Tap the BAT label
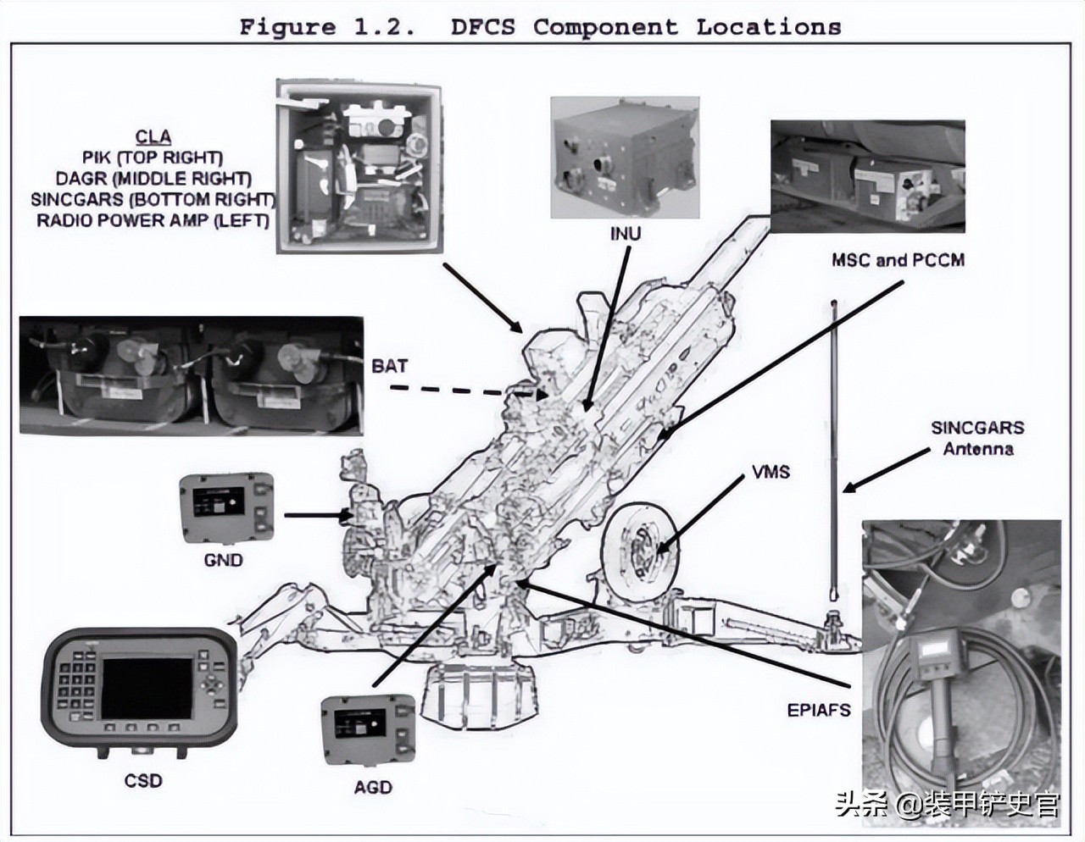pos(389,366)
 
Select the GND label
pos(224,560)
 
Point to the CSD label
pos(142,779)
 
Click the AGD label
pos(373,787)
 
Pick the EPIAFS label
pos(818,710)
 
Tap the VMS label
pos(770,472)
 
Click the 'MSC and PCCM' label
pos(898,260)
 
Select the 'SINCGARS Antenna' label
pos(977,438)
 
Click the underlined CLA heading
pos(153,137)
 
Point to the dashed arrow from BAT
pos(458,391)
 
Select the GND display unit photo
pos(226,508)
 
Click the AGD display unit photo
pos(368,731)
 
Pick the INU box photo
pos(624,158)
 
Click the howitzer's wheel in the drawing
pos(638,541)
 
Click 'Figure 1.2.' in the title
pos(326,27)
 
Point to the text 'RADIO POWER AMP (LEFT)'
pos(153,220)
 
